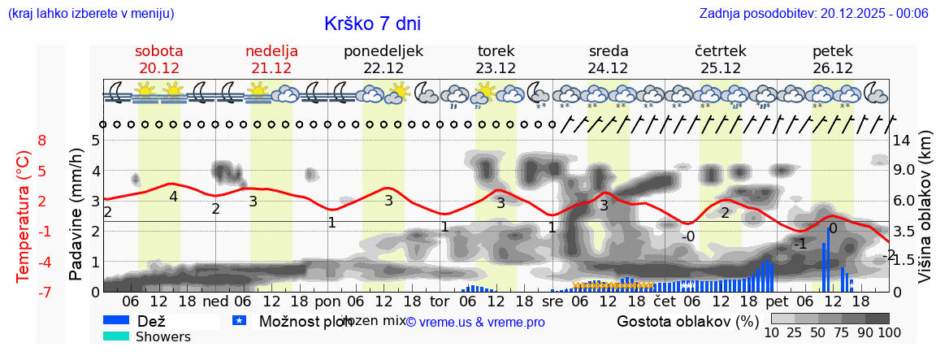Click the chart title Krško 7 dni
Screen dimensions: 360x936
pos(372,24)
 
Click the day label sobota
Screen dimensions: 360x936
pos(159,51)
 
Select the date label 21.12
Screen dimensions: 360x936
pos(271,68)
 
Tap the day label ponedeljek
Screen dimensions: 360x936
pos(383,51)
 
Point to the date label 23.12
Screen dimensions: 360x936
pos(496,68)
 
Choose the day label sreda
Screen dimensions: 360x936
pos(609,51)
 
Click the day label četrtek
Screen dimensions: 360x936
pos(721,51)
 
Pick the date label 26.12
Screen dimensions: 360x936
pos(833,68)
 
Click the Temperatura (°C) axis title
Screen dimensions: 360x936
pos(24,216)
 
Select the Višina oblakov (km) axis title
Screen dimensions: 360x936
pos(925,216)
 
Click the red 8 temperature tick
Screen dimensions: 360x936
pos(42,140)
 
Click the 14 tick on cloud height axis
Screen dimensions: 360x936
pos(901,140)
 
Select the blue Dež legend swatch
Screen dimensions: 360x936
pos(116,321)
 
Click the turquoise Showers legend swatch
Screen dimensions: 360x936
pos(116,336)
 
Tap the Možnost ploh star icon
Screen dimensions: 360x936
pos(239,321)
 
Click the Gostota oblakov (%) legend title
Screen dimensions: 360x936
pos(687,321)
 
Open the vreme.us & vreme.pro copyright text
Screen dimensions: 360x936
pos(475,322)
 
